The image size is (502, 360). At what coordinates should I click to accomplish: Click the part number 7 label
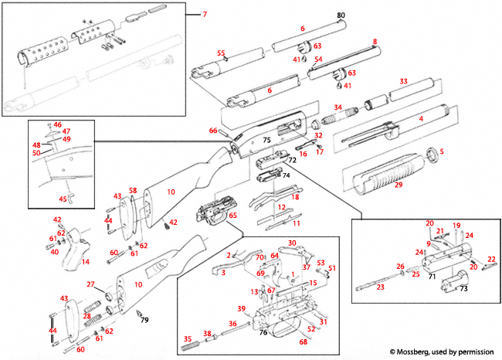click(205, 15)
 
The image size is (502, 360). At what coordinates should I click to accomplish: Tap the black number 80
click(341, 15)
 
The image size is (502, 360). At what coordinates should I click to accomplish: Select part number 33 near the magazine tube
click(402, 81)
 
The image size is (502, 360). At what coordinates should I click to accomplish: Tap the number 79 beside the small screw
click(144, 319)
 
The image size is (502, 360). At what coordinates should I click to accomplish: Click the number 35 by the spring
click(185, 338)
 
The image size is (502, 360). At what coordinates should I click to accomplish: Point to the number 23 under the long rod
click(380, 287)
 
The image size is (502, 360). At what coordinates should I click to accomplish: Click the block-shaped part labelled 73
click(447, 289)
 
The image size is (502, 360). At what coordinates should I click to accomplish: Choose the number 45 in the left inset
click(63, 199)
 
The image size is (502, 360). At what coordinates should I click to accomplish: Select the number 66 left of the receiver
click(213, 131)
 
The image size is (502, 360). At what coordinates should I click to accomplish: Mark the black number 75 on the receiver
click(266, 141)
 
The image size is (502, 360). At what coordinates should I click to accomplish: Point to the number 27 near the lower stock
click(90, 285)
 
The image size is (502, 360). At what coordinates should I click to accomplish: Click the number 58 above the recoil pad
click(133, 191)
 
